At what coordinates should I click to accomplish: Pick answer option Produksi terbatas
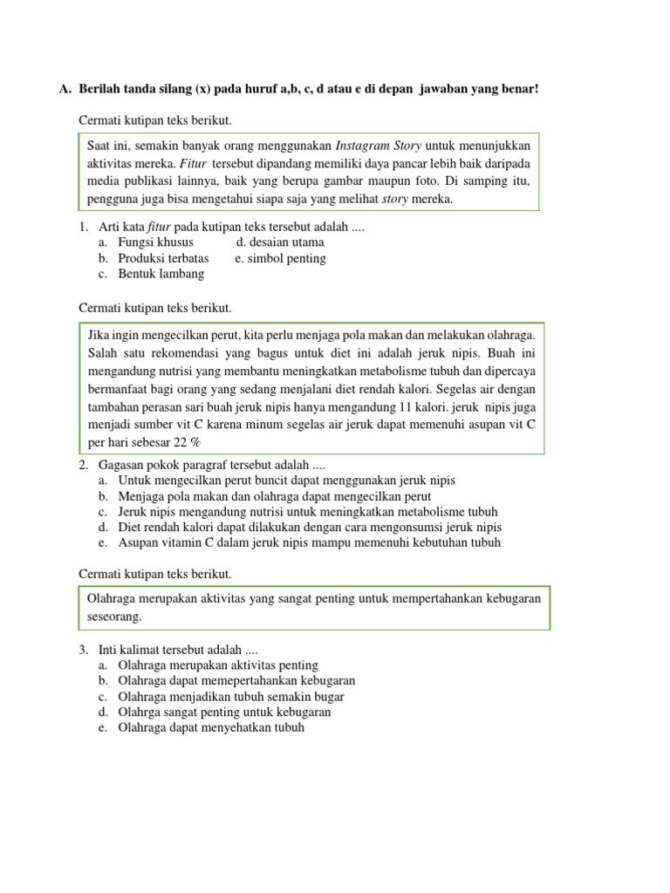click(x=162, y=258)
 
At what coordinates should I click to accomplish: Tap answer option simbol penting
click(x=280, y=258)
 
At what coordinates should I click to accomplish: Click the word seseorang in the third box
click(x=114, y=617)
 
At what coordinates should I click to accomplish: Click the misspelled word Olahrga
click(x=140, y=712)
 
